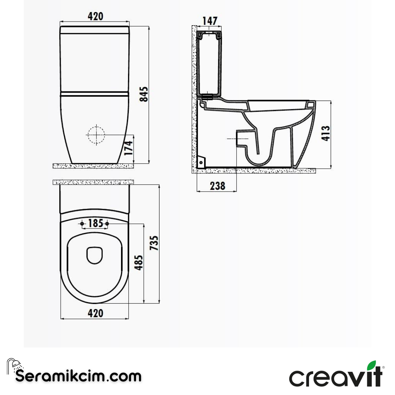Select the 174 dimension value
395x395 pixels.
tap(128, 148)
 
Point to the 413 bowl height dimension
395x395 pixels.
tap(326, 133)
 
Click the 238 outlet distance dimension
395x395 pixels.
tap(217, 186)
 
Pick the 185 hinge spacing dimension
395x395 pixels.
tap(95, 223)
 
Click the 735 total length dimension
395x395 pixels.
tap(154, 243)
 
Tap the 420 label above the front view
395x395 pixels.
tap(95, 16)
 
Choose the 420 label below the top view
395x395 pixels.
tap(95, 313)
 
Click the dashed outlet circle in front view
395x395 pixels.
tap(96, 135)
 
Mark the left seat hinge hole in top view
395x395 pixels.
tap(82, 223)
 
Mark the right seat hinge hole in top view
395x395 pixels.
tap(107, 223)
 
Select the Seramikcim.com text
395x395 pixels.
tap(78, 376)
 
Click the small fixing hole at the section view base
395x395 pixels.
tap(200, 162)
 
